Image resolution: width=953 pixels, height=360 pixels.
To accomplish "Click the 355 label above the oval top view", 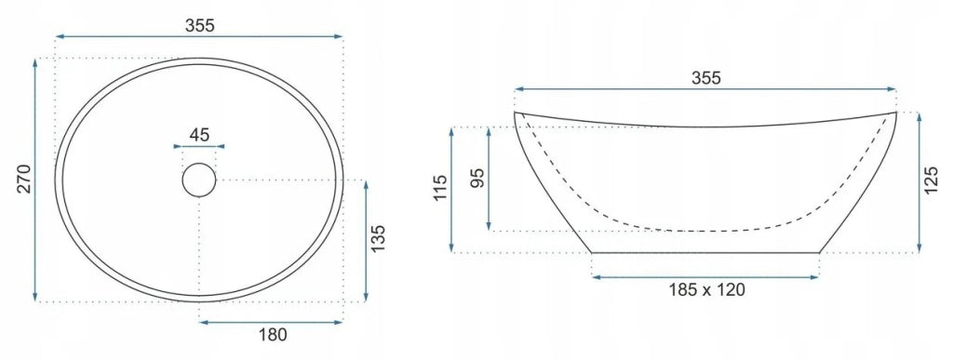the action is tap(200, 25).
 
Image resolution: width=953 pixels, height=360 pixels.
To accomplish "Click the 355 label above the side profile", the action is tap(706, 78).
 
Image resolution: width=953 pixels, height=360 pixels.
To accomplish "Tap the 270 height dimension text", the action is tap(23, 179).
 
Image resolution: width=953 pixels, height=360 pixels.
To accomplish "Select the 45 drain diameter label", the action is tap(199, 135).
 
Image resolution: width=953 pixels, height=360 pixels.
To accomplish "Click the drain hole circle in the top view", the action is tap(199, 180).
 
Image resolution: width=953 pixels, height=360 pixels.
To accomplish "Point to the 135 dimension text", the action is tap(378, 239).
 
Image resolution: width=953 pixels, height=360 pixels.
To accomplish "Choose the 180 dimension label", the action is tap(272, 334).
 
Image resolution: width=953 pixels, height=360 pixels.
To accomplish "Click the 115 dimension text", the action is tap(440, 188).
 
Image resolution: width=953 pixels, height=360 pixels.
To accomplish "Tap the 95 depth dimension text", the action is tap(478, 178).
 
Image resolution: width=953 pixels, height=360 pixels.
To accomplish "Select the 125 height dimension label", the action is tap(931, 180).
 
